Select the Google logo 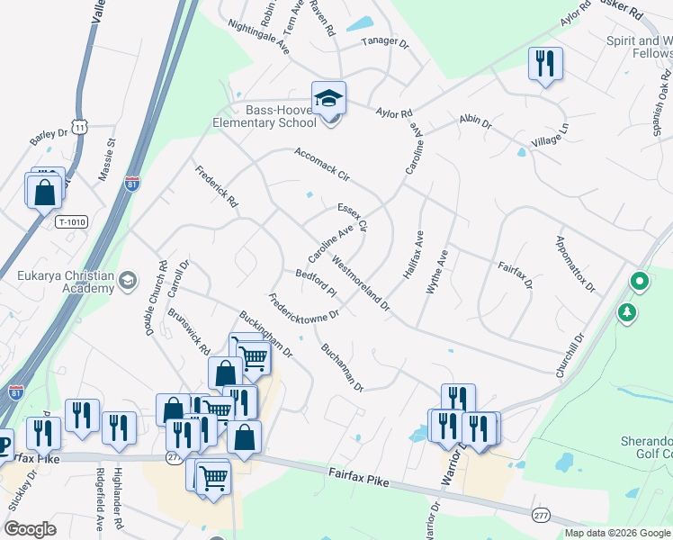30,529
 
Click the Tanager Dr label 385,41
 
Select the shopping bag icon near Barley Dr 45,192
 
